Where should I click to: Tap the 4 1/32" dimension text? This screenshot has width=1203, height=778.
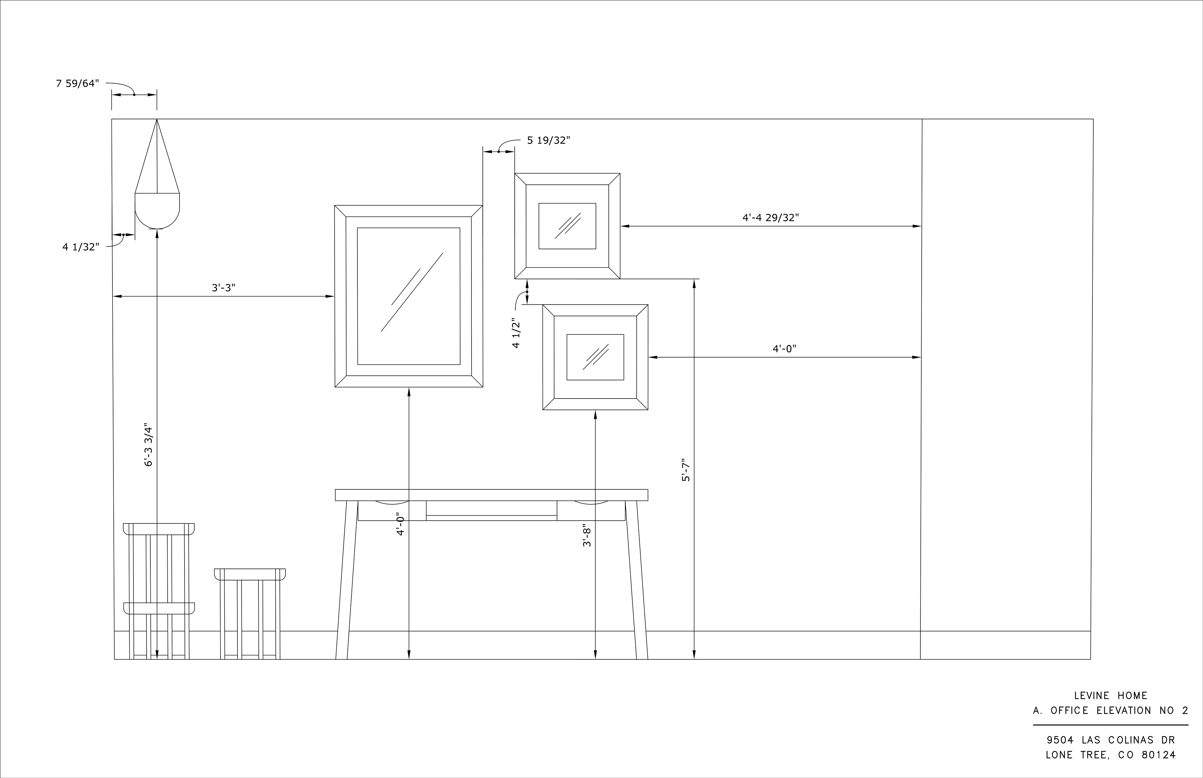pyautogui.click(x=81, y=247)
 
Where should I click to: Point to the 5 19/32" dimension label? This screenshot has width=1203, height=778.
pyautogui.click(x=549, y=141)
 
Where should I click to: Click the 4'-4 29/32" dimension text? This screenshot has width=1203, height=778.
pyautogui.click(x=770, y=218)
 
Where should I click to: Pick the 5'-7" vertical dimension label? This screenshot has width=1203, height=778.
pyautogui.click(x=686, y=470)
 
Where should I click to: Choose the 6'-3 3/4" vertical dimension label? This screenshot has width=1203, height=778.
pyautogui.click(x=148, y=445)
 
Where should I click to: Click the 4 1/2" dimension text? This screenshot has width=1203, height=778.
pyautogui.click(x=516, y=333)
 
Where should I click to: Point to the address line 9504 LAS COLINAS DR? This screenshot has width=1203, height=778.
pyautogui.click(x=1111, y=740)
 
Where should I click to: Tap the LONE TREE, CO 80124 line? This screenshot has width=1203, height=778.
pyautogui.click(x=1111, y=755)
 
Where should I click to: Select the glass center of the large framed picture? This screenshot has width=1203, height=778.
pyautogui.click(x=409, y=296)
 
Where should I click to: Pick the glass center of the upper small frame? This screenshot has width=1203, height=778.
pyautogui.click(x=567, y=226)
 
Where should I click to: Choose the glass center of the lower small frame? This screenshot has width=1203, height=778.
pyautogui.click(x=595, y=357)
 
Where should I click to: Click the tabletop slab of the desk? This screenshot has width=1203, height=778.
pyautogui.click(x=491, y=495)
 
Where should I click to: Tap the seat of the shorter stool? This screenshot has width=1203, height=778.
pyautogui.click(x=250, y=574)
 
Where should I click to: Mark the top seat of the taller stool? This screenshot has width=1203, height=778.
pyautogui.click(x=159, y=529)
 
